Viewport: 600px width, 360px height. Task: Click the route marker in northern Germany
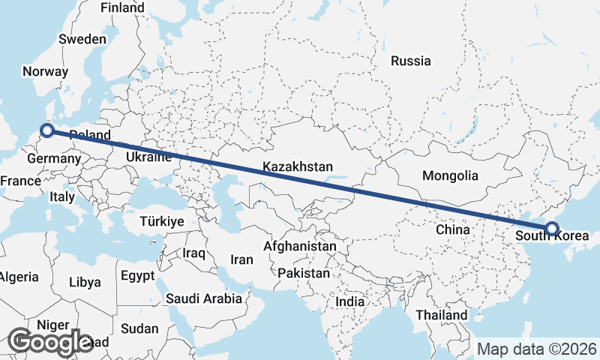pyautogui.click(x=46, y=130)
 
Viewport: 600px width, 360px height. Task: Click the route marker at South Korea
pyautogui.click(x=551, y=229)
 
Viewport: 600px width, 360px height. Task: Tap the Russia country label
pyautogui.click(x=411, y=61)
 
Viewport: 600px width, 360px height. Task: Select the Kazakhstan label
pyautogui.click(x=297, y=166)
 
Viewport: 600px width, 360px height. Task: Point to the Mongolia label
pyautogui.click(x=450, y=176)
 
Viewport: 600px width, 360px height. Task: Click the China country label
pyautogui.click(x=453, y=229)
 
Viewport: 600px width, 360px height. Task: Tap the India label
pyautogui.click(x=349, y=301)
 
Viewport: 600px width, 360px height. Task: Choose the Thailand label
pyautogui.click(x=442, y=315)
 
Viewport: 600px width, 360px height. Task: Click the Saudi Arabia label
pyautogui.click(x=204, y=298)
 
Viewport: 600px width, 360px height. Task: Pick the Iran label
pyautogui.click(x=241, y=259)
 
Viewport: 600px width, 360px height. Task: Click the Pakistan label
pyautogui.click(x=303, y=274)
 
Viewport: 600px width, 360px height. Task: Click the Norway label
pyautogui.click(x=46, y=72)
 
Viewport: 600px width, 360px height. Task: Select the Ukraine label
pyautogui.click(x=148, y=157)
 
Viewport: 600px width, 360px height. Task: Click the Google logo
pyautogui.click(x=51, y=342)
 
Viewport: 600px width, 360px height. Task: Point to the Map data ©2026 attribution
pyautogui.click(x=537, y=349)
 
